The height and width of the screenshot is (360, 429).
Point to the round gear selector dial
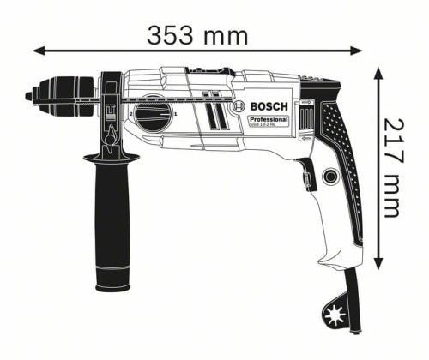pyautogui.click(x=152, y=113)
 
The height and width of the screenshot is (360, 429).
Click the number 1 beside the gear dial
pyautogui.click(x=176, y=114)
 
